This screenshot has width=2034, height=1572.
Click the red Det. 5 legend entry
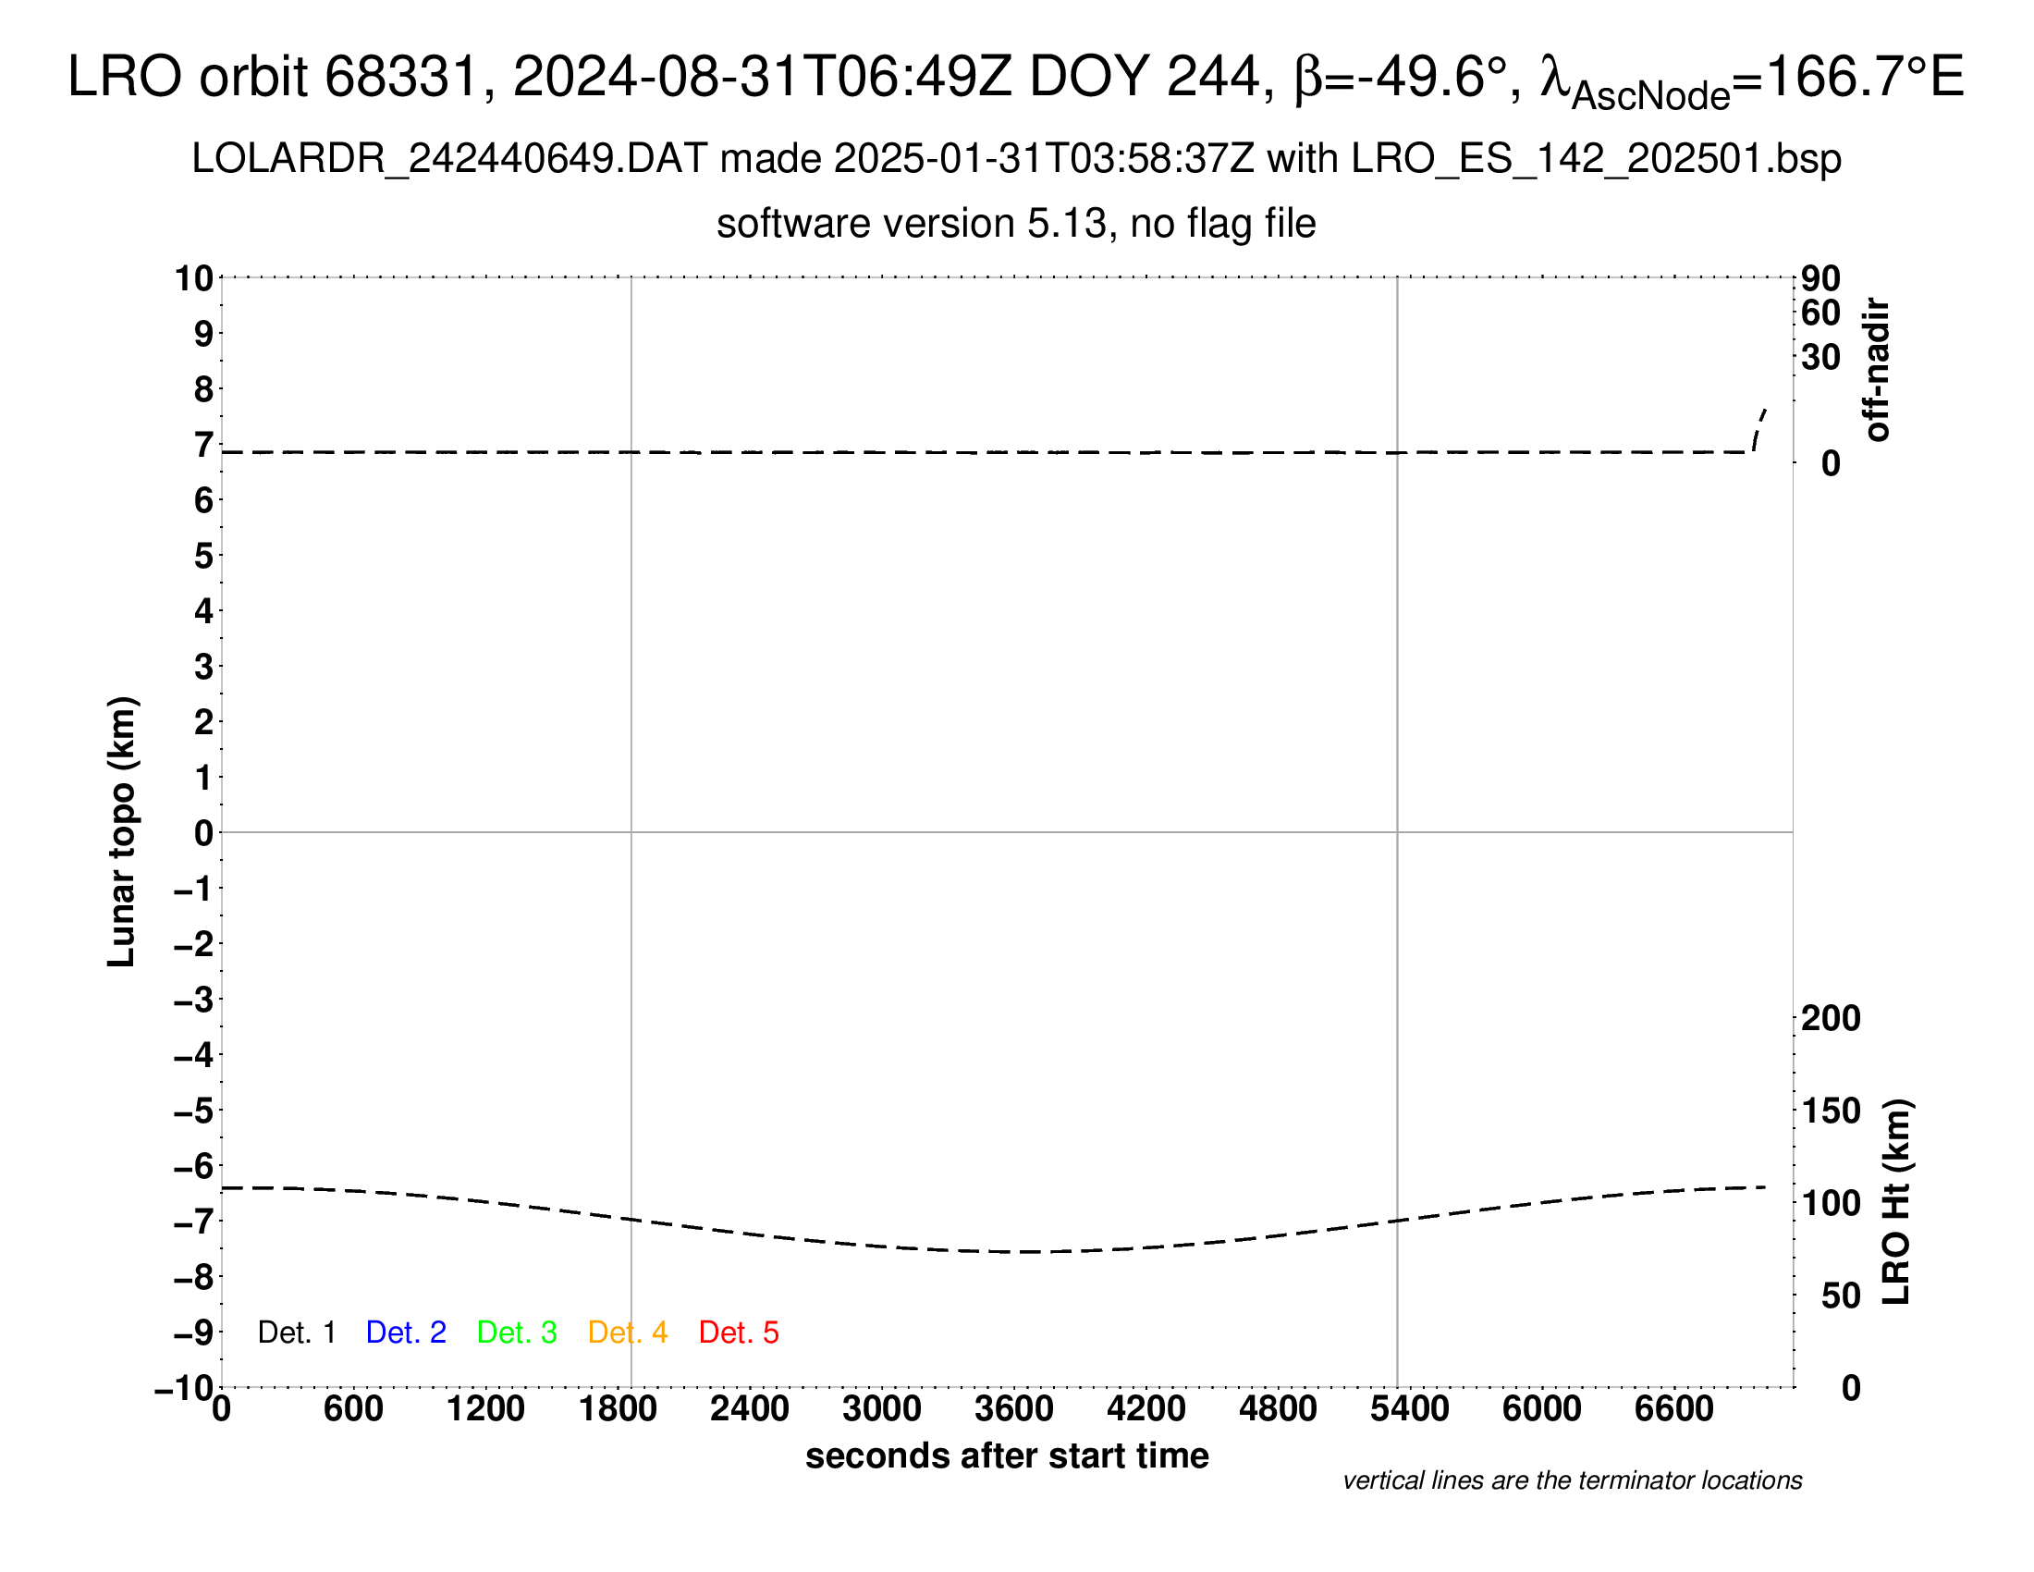point(739,1333)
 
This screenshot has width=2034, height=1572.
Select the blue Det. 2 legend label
point(406,1333)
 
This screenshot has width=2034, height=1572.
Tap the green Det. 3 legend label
point(517,1333)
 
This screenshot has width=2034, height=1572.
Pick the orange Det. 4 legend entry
point(628,1333)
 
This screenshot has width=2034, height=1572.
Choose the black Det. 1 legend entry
point(296,1333)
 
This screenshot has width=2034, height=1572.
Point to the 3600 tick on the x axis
point(1014,1408)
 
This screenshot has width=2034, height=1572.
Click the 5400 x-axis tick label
point(1410,1408)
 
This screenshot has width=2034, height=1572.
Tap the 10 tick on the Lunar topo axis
point(195,277)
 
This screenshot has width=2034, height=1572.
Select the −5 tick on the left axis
point(194,1110)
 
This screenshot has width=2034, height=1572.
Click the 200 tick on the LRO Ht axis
point(1831,1018)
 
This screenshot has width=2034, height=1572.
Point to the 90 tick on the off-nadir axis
point(1820,277)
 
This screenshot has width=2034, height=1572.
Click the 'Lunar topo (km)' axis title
point(122,831)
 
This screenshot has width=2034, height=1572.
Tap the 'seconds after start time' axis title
point(1007,1455)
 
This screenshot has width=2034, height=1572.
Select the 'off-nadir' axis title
point(1877,370)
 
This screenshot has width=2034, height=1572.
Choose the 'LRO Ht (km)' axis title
point(1896,1202)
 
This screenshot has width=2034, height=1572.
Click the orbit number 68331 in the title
point(400,77)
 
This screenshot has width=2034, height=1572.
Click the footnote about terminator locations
point(1572,1480)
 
